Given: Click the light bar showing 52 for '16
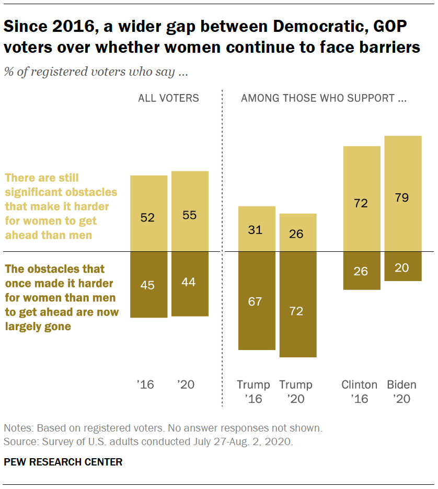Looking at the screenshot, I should pos(148,213).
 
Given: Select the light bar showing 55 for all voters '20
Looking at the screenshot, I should pos(190,211).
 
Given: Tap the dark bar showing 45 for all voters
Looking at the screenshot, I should pos(148,285).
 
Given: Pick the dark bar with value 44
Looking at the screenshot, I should pos(190,284).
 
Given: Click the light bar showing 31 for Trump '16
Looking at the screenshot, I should pos(257,229).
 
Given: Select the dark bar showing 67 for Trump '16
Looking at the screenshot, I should pos(257,301).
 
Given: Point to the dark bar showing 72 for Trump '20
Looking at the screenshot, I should pos(298,305).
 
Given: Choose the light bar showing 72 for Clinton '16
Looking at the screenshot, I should pos(361,199).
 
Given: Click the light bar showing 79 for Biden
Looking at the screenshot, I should pos(402,193).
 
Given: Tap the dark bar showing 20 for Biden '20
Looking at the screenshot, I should pos(402,266).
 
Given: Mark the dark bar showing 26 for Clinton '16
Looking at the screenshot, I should pos(361,271).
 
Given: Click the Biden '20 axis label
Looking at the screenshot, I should pos(401,392).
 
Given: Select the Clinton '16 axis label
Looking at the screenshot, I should pos(360,392).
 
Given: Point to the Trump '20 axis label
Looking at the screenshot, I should pos(296,392).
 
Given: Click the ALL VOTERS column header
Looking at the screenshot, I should pos(168,98).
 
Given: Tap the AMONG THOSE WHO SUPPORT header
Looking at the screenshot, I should pos(324,98).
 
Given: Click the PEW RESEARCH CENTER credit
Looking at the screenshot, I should pos(63,462).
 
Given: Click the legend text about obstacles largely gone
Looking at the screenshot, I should pos(61,298).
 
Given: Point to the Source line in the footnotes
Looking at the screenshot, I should pos(148,441).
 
